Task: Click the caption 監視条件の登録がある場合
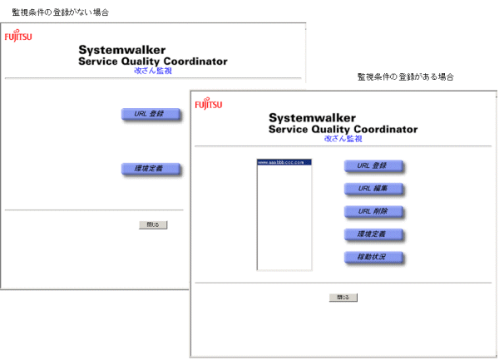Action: pos(405,76)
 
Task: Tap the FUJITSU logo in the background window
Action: pos(18,37)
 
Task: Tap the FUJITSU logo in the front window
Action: pos(209,105)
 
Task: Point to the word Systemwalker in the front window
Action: pos(313,118)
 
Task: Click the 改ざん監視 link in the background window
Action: pos(152,72)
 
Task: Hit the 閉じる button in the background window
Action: pos(153,224)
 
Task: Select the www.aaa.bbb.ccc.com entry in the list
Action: pos(284,161)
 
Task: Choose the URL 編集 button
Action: pos(373,189)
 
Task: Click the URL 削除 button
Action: pos(373,211)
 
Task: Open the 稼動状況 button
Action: pos(373,257)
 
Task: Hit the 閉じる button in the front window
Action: pos(343,297)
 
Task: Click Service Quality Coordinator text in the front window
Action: pos(343,130)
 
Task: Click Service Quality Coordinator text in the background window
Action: pos(152,62)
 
